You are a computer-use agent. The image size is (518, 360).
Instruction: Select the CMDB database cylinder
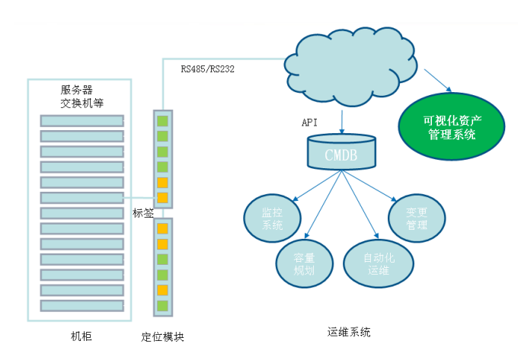click(x=341, y=152)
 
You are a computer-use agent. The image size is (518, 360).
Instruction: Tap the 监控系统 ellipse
click(x=272, y=218)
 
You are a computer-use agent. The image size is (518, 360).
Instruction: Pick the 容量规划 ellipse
click(x=303, y=263)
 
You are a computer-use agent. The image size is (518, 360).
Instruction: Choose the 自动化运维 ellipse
click(x=379, y=263)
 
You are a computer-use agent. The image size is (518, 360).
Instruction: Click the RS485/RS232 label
click(x=208, y=68)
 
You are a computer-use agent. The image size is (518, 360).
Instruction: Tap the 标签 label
click(x=143, y=212)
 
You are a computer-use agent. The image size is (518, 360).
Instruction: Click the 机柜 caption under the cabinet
click(x=81, y=336)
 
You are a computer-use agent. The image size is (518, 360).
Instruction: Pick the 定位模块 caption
click(x=163, y=336)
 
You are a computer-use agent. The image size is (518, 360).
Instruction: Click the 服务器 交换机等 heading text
click(x=82, y=96)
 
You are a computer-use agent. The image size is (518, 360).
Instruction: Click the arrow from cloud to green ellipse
click(x=437, y=81)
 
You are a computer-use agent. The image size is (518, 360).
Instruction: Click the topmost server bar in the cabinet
click(x=82, y=120)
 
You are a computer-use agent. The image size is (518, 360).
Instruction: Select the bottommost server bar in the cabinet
click(x=82, y=305)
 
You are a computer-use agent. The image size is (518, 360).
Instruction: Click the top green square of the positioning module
click(x=162, y=119)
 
